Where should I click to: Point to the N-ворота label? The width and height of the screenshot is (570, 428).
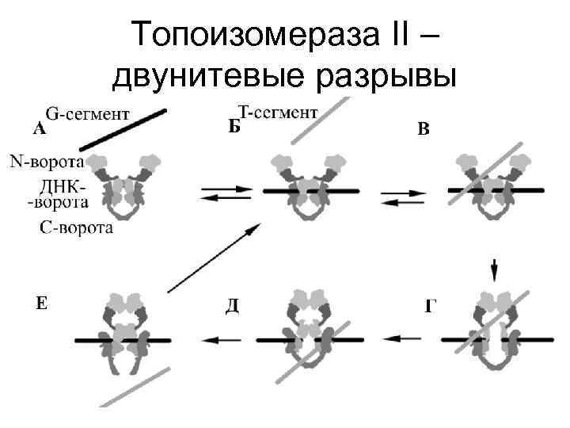tap(47, 162)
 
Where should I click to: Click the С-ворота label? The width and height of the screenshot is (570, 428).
tap(76, 228)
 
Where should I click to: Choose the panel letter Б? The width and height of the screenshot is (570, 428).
tap(234, 128)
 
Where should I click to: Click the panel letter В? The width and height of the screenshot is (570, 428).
tap(424, 129)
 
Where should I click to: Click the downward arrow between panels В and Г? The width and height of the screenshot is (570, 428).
tap(495, 269)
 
